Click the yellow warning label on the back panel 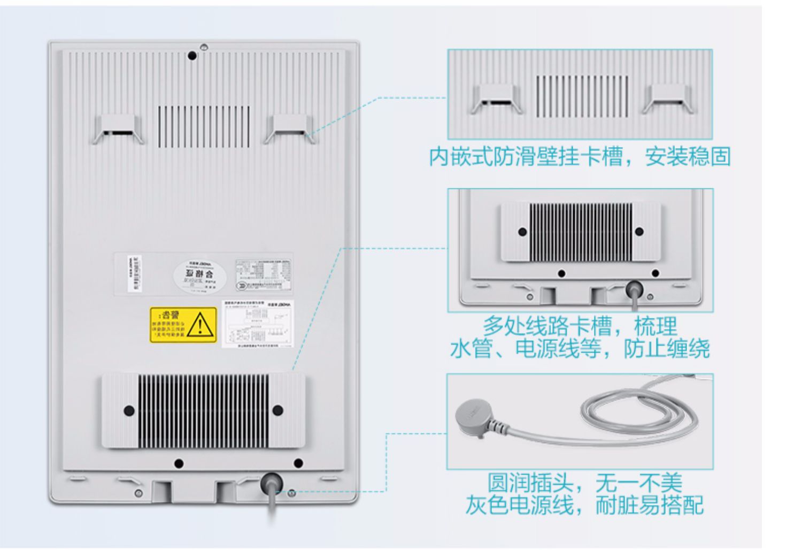pyautogui.click(x=183, y=324)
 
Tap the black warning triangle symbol pyautogui.click(x=200, y=324)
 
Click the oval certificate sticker pyautogui.click(x=200, y=277)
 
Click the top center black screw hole pyautogui.click(x=192, y=55)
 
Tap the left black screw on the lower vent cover pyautogui.click(x=129, y=410)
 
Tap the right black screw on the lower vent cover pyautogui.click(x=277, y=410)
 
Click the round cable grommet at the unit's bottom pyautogui.click(x=271, y=484)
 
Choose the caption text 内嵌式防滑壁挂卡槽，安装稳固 pyautogui.click(x=580, y=157)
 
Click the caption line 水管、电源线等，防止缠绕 pyautogui.click(x=580, y=349)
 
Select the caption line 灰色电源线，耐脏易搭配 pyautogui.click(x=584, y=505)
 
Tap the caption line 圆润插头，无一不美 pyautogui.click(x=584, y=483)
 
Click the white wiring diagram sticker pyautogui.click(x=258, y=324)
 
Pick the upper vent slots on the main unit pyautogui.click(x=204, y=126)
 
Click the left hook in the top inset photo pyautogui.click(x=495, y=99)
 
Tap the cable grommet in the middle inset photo pyautogui.click(x=634, y=289)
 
